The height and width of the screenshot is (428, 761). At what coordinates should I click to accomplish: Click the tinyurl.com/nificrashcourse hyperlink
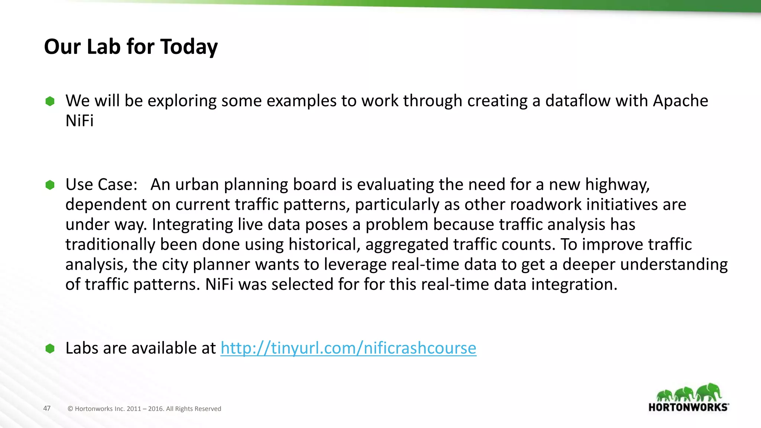coord(348,348)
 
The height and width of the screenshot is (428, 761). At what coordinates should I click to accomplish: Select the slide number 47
coord(47,408)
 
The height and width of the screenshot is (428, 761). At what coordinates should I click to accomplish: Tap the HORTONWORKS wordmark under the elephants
coord(688,407)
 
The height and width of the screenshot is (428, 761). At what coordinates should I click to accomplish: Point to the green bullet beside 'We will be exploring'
coord(50,101)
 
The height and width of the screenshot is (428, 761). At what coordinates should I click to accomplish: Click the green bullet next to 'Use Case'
coord(50,185)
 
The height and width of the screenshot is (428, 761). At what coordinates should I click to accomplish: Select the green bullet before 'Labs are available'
coord(50,348)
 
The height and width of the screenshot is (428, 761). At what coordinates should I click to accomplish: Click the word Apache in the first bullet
coord(680,101)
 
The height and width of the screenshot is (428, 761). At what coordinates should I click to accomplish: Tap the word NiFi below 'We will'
coord(80,121)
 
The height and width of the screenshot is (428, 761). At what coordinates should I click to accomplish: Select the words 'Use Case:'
coord(101,185)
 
